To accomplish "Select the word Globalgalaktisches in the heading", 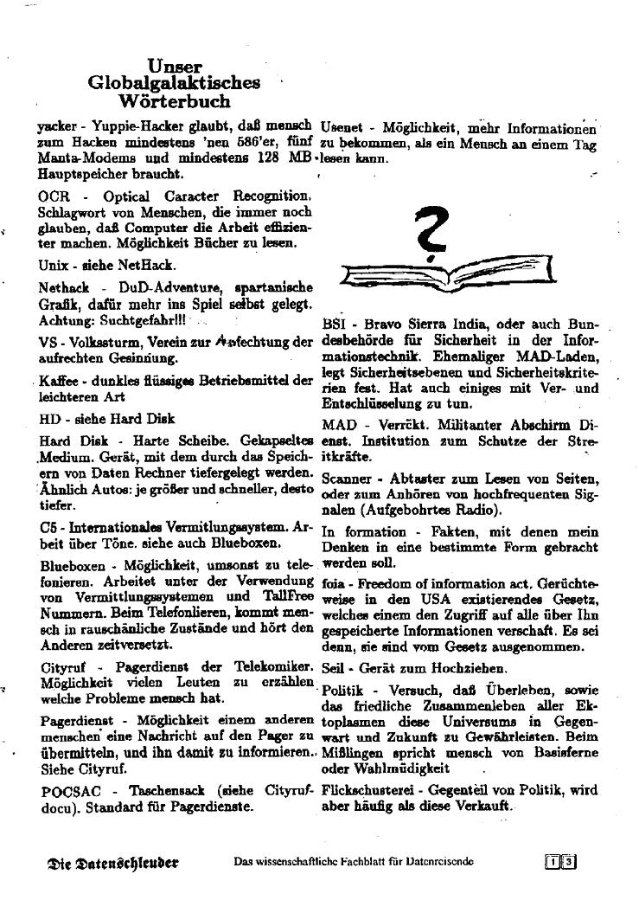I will [x=174, y=84].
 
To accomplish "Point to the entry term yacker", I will [x=60, y=126].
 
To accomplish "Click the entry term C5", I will [x=48, y=527].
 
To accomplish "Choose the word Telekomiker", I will [x=272, y=667].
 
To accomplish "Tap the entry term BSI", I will [x=333, y=325].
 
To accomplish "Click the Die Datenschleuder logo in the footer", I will [x=113, y=862].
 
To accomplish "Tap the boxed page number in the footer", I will [x=561, y=862].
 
